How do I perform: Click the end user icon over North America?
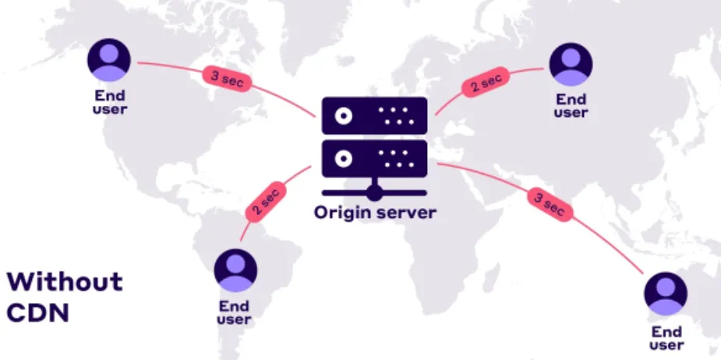(108, 60)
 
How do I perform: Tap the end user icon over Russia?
(571, 64)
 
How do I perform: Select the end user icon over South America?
(235, 270)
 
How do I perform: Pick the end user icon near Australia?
(666, 294)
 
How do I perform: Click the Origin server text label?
(374, 212)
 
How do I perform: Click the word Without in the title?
(65, 281)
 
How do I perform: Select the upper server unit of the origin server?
(374, 117)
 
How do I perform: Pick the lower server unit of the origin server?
(374, 159)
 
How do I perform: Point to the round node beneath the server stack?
(375, 192)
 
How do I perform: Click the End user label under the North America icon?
(108, 102)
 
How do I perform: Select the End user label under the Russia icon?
(571, 105)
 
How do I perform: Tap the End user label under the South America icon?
(235, 312)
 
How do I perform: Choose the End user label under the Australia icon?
(666, 338)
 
